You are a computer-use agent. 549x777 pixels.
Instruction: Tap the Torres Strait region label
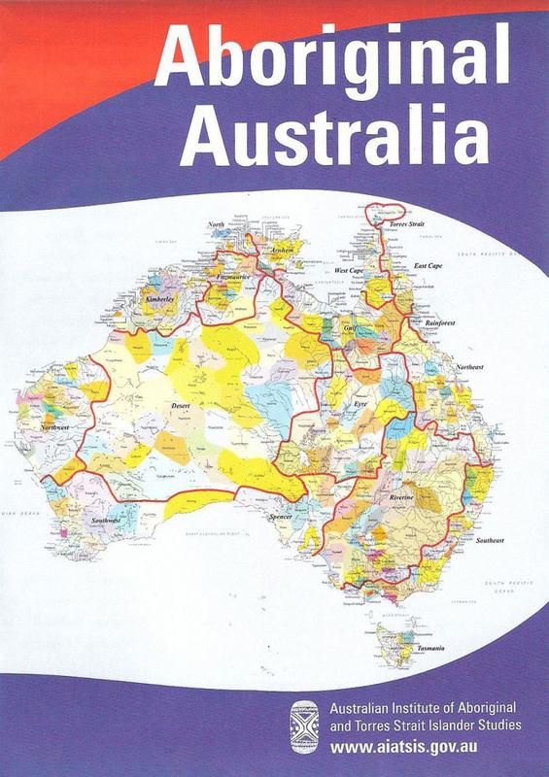point(409,222)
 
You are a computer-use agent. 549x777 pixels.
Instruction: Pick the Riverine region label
point(402,497)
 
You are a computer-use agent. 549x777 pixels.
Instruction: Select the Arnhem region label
point(282,249)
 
